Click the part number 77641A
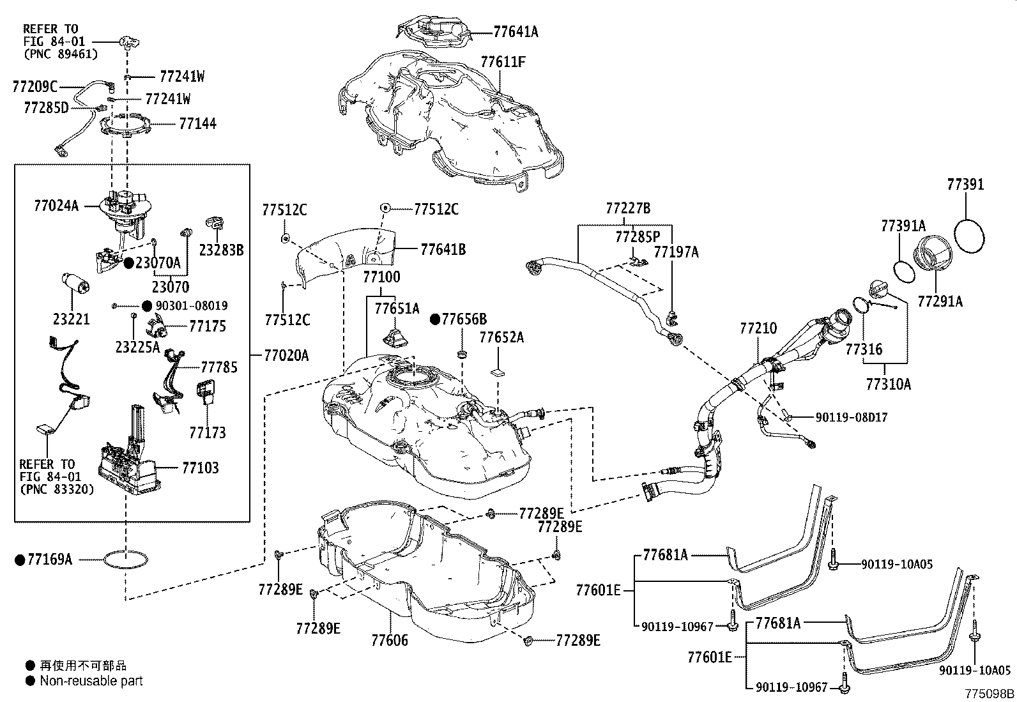[x=516, y=31]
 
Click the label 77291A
[x=940, y=301]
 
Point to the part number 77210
[x=758, y=328]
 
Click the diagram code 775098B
[x=990, y=694]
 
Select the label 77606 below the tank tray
[x=389, y=640]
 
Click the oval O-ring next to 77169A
[x=125, y=560]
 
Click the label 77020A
[x=286, y=355]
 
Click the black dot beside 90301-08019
[x=147, y=306]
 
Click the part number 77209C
[x=34, y=86]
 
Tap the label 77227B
[x=627, y=208]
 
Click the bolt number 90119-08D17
[x=851, y=417]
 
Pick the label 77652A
[x=501, y=337]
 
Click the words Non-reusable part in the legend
[x=91, y=681]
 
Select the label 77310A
[x=889, y=384]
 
